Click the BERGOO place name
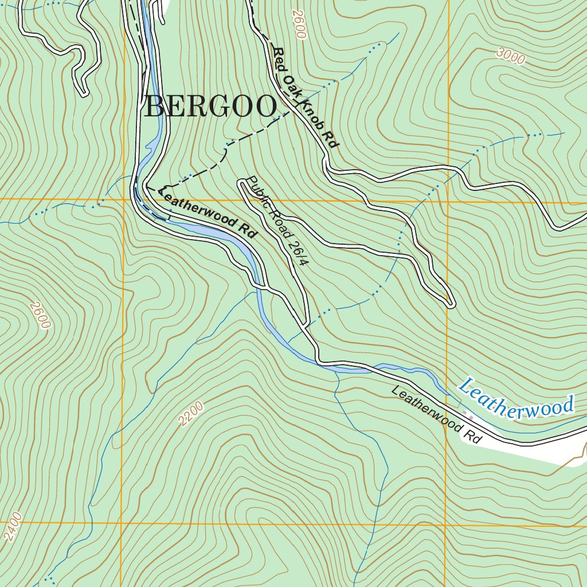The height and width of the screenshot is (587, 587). tap(210, 107)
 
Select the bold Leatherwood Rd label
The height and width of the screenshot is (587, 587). tap(206, 213)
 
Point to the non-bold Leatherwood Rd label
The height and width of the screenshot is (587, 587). tap(436, 414)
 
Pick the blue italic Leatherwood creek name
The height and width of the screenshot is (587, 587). tap(516, 400)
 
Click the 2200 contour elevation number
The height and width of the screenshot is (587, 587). tap(191, 414)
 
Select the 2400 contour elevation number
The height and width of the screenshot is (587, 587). tap(13, 526)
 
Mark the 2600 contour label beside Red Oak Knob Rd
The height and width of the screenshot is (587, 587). tap(299, 24)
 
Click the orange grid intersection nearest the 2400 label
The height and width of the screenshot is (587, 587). tap(122, 523)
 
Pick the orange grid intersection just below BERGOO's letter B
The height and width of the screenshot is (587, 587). tap(124, 199)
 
